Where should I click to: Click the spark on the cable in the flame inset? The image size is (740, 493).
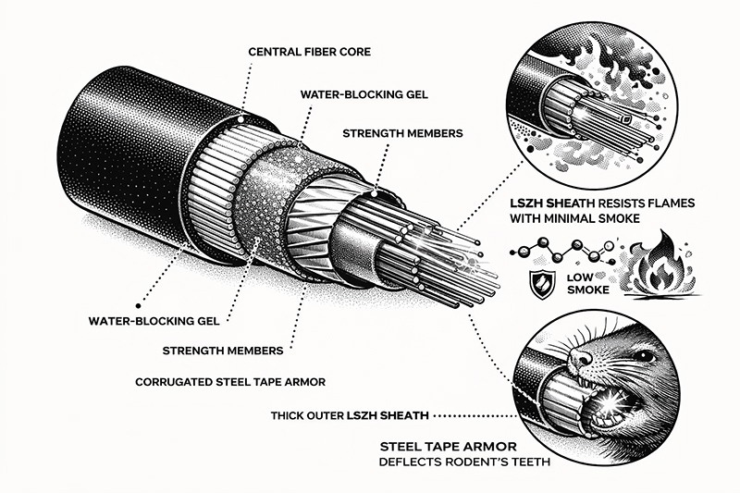tap(630, 121)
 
